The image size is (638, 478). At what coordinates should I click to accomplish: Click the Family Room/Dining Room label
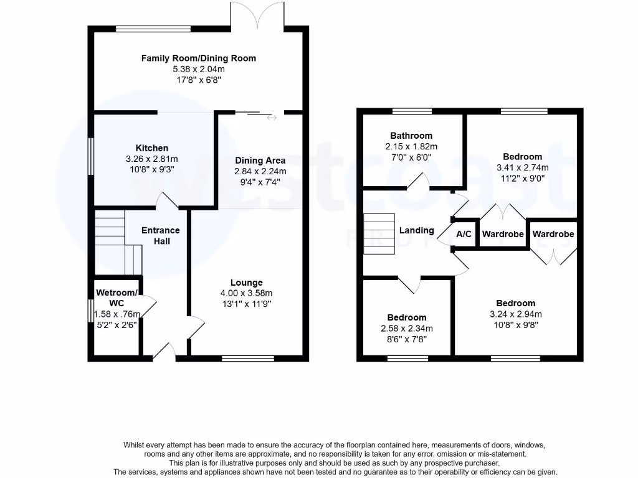(198, 58)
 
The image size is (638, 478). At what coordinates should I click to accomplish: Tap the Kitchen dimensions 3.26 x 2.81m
(152, 159)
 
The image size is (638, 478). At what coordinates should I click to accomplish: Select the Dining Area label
(260, 160)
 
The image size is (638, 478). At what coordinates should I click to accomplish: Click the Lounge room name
(247, 283)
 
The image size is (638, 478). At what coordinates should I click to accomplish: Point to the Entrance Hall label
(161, 236)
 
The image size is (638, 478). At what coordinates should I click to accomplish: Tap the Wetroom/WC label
(116, 298)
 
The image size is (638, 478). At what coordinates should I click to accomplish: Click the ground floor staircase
(117, 243)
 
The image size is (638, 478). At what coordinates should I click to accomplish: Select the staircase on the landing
(379, 233)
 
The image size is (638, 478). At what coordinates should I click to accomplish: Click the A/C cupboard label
(464, 235)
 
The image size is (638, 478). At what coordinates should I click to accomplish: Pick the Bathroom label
(411, 136)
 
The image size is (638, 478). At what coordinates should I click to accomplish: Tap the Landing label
(416, 230)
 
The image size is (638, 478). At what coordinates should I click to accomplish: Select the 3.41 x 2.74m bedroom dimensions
(522, 167)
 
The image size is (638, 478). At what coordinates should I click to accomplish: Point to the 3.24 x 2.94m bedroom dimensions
(516, 314)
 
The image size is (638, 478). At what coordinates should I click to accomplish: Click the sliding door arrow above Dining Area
(270, 116)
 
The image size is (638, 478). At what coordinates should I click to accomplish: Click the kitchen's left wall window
(91, 157)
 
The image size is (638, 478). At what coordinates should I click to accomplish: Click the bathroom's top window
(412, 111)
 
